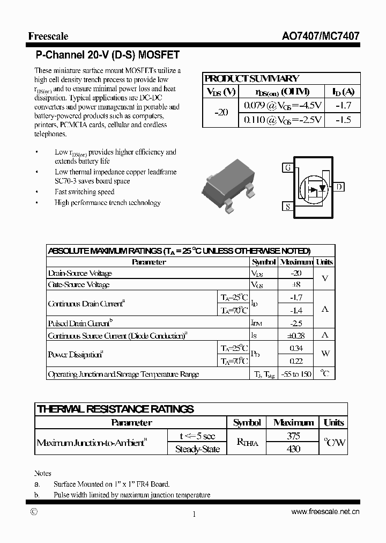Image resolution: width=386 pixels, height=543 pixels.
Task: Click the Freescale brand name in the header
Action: [48, 36]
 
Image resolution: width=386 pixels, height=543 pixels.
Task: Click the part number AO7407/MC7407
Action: [321, 36]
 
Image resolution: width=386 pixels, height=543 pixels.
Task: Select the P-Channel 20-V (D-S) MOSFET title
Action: [107, 55]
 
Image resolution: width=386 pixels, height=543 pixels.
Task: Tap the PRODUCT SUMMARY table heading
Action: [252, 78]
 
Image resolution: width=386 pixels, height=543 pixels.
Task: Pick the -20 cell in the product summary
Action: [221, 112]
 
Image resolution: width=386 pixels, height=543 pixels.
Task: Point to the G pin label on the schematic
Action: [288, 167]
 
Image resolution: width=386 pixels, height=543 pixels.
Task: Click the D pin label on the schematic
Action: [340, 187]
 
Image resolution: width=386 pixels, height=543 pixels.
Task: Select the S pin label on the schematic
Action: [288, 207]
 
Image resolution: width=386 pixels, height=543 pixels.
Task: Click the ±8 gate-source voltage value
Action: [295, 285]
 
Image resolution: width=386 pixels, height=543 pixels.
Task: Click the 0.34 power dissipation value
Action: [295, 349]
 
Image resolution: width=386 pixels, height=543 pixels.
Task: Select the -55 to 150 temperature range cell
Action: [295, 374]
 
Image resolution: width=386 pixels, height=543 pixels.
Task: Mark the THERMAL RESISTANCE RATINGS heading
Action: [115, 409]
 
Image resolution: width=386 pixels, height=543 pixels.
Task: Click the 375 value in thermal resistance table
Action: [293, 436]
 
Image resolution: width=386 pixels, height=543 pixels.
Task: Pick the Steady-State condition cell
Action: [197, 449]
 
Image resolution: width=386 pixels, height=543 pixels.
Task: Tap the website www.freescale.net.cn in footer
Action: [325, 512]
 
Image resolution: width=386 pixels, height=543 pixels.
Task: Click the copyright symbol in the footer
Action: [34, 512]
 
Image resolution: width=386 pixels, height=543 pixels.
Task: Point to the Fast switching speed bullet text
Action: [84, 192]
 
